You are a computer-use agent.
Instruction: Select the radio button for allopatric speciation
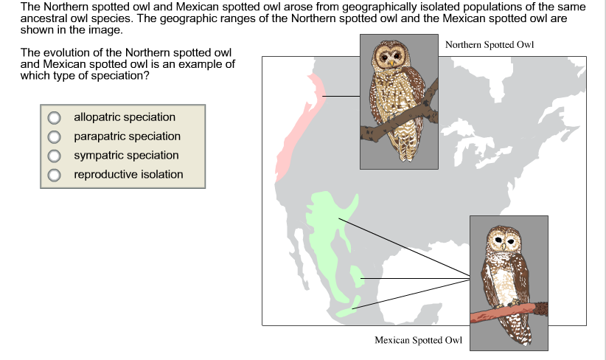point(54,117)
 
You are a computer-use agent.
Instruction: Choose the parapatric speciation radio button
point(54,136)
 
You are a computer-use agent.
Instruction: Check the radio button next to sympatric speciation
point(54,156)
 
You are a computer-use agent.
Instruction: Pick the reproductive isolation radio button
point(54,175)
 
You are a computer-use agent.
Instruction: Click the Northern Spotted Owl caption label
point(489,45)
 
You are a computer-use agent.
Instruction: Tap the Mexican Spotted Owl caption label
point(418,340)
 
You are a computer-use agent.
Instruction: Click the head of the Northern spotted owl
point(391,55)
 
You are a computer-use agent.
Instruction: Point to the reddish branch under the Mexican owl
point(509,311)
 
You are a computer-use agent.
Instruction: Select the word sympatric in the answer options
point(98,156)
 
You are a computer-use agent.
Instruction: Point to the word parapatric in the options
point(99,136)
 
